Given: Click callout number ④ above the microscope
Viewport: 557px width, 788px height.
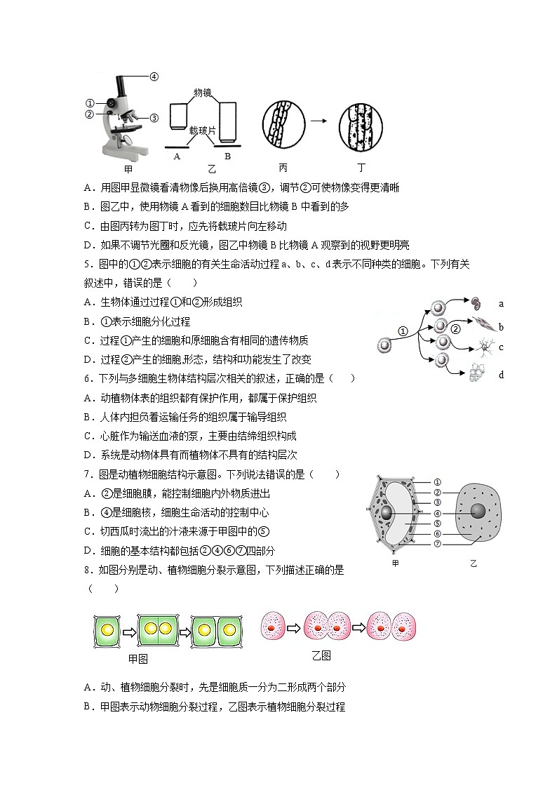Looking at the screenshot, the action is (x=154, y=77).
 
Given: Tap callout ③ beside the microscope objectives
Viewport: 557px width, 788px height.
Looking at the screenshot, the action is (x=154, y=118).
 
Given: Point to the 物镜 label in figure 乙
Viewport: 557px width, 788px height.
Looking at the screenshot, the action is (x=203, y=93).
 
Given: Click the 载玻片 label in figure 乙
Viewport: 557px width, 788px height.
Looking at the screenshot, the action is (x=203, y=131).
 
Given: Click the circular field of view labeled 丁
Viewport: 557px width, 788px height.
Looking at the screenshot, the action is (x=361, y=126).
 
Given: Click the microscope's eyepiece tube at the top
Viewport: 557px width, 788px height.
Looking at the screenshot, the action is (x=121, y=86).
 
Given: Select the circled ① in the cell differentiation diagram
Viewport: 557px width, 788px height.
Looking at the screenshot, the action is (x=403, y=331).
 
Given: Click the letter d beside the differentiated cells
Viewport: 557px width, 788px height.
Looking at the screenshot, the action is (x=501, y=375).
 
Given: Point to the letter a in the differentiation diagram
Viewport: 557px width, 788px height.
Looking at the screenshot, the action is (x=501, y=304).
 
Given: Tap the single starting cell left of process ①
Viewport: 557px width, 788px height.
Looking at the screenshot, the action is (x=384, y=345).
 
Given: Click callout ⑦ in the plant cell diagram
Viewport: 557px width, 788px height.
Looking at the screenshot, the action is (x=438, y=544).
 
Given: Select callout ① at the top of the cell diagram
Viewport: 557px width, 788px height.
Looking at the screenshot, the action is (x=438, y=481).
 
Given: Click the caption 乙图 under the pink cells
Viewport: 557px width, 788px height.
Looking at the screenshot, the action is (x=321, y=656).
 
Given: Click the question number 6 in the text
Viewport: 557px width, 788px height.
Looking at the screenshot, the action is (x=87, y=378).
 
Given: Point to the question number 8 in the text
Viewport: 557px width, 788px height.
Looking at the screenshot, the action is (x=87, y=570).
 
